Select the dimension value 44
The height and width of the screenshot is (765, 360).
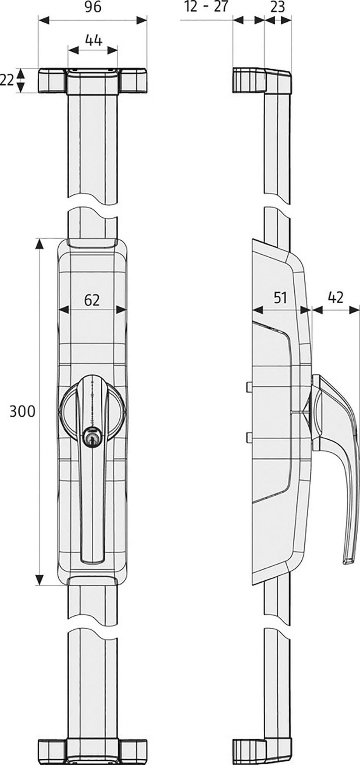coord(93,40)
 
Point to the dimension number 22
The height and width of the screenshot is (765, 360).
coord(7,80)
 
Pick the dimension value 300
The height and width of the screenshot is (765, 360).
coord(22,411)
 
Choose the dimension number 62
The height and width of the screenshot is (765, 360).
coord(92,300)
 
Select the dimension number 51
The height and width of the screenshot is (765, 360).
coord(280,298)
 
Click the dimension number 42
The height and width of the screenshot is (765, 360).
coord(336,297)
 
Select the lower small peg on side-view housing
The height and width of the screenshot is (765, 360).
coord(249,438)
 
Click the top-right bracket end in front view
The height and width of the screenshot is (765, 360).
coord(134,80)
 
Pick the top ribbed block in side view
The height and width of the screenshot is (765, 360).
coord(245,80)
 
